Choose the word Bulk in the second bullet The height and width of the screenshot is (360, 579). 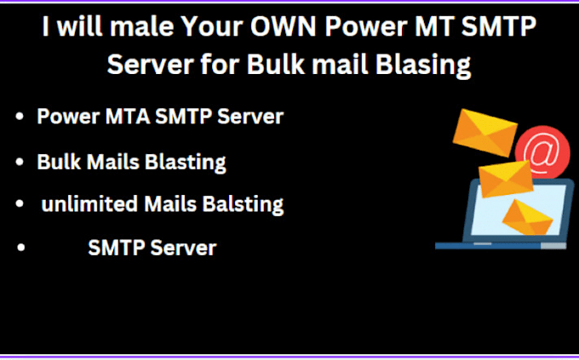(55, 161)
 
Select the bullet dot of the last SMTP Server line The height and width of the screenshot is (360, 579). (20, 249)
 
